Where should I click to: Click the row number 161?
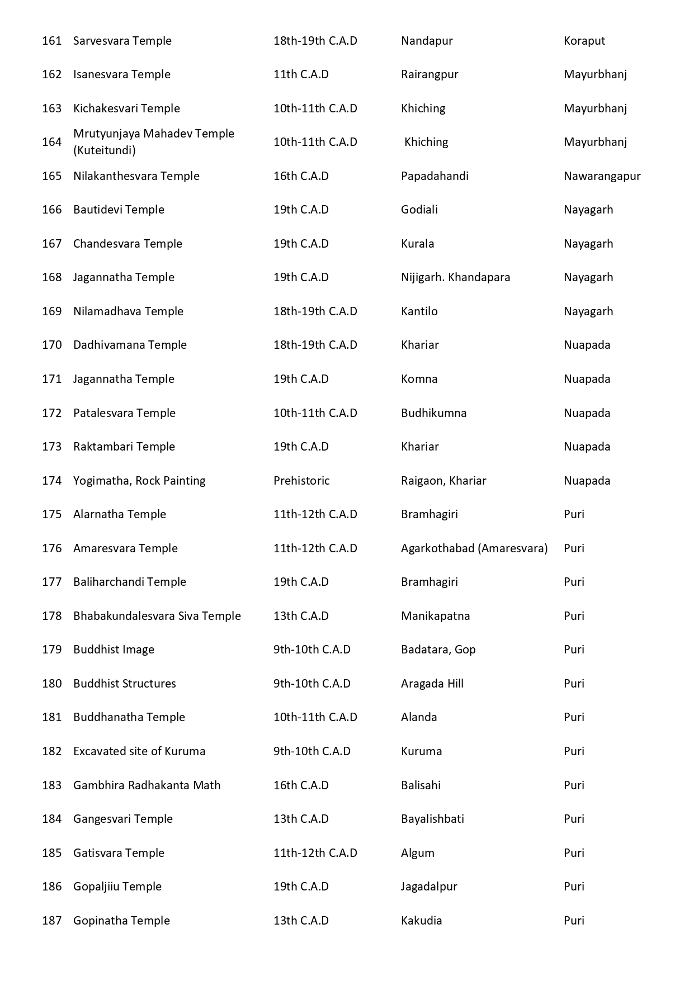[x=51, y=41]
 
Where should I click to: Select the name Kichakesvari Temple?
[x=126, y=108]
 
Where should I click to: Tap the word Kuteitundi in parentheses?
[x=105, y=150]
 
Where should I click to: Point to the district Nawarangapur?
[x=602, y=176]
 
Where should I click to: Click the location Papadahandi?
[x=435, y=176]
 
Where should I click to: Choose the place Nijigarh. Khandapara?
[x=455, y=277]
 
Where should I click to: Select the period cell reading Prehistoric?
[x=301, y=481]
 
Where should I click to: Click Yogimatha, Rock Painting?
[x=139, y=481]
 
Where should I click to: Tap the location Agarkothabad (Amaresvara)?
[x=474, y=548]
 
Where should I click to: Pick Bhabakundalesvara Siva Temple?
[x=157, y=616]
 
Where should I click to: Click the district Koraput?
[x=584, y=41]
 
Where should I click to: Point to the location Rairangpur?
[x=429, y=74]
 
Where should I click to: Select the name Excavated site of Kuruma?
[x=139, y=751]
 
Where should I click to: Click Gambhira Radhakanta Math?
[x=147, y=785]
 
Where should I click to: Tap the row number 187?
[x=51, y=921]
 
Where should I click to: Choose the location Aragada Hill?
[x=432, y=684]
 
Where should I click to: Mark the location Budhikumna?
[x=433, y=413]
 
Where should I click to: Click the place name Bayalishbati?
[x=432, y=819]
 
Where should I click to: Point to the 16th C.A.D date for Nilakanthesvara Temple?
[x=301, y=176]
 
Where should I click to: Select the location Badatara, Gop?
[x=438, y=650]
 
